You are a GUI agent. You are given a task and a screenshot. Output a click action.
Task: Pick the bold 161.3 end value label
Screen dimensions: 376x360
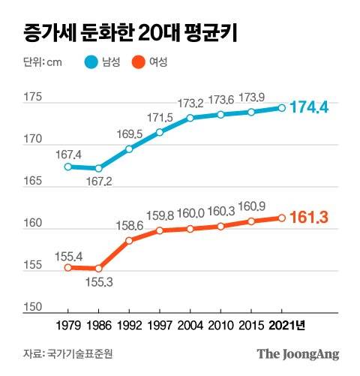tap(311, 218)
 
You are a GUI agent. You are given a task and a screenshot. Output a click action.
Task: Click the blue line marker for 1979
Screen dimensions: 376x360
tap(68, 167)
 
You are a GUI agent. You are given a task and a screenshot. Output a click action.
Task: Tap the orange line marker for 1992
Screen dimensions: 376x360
tap(129, 241)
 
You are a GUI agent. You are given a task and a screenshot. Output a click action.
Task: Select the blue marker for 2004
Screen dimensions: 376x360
tap(190, 118)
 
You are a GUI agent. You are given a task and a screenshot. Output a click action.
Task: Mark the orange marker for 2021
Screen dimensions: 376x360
tap(281, 218)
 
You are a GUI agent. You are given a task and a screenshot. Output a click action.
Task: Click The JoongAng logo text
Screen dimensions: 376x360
tap(298, 353)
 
